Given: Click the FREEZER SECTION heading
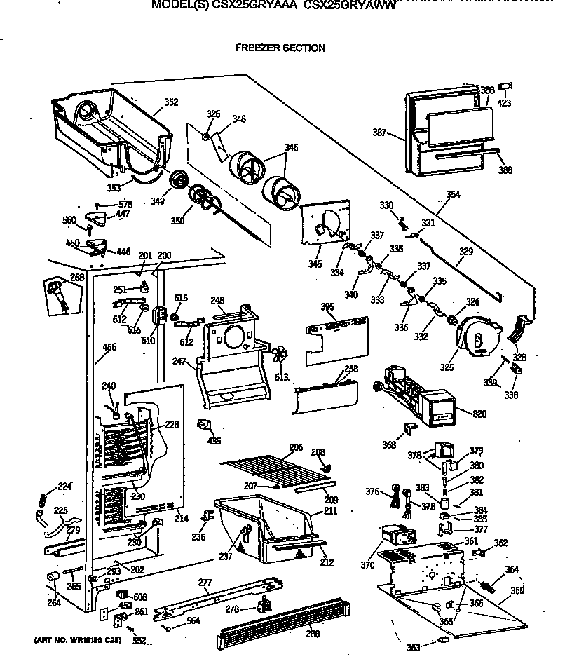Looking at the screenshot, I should (x=280, y=48).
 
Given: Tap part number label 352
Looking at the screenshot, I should (x=170, y=102).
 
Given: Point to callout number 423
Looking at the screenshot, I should (x=503, y=103).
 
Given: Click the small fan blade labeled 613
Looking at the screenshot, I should (x=280, y=355).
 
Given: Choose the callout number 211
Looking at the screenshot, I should (x=330, y=511).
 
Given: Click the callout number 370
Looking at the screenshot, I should (x=388, y=564).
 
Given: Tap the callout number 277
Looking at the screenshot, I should (x=205, y=582).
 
